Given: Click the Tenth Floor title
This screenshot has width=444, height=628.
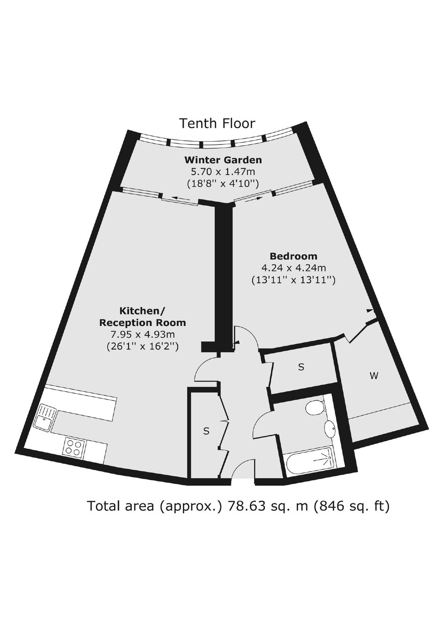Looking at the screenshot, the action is (217, 123).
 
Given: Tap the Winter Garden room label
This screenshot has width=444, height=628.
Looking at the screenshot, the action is (223, 160).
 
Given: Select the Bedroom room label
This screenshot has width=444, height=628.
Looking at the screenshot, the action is (293, 256).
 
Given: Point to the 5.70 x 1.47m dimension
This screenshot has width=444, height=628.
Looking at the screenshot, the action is (223, 171).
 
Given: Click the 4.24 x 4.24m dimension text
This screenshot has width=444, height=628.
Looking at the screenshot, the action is (294, 268).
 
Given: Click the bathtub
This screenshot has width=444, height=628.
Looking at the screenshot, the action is (308, 460).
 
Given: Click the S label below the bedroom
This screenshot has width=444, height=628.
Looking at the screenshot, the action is (301, 367).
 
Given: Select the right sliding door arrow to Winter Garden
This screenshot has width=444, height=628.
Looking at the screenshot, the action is (252, 199).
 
